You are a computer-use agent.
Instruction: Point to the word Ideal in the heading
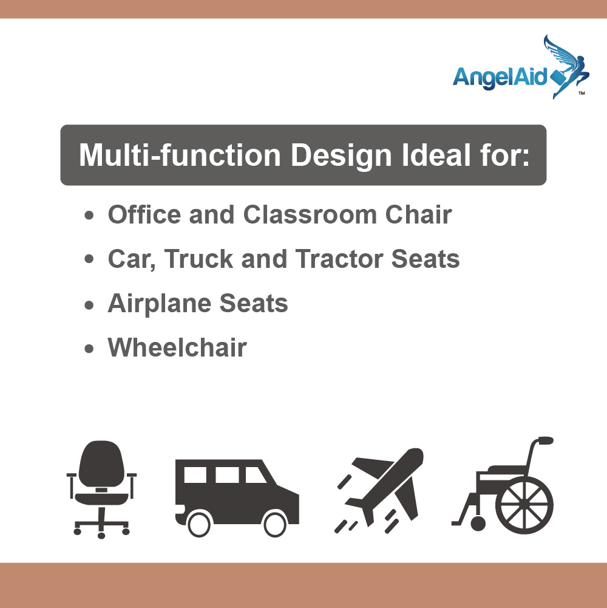(x=436, y=155)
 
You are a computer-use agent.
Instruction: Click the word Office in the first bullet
(x=144, y=214)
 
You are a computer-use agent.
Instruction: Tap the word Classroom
(x=310, y=214)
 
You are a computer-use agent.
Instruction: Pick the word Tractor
(x=339, y=259)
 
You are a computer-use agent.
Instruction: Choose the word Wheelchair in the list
(x=177, y=347)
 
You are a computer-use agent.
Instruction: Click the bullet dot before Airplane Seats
(x=89, y=305)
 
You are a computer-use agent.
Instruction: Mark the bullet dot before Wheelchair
(x=89, y=349)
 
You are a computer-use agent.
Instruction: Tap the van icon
(x=237, y=498)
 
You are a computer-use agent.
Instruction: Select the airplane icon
(x=379, y=491)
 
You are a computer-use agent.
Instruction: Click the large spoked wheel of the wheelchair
(x=524, y=505)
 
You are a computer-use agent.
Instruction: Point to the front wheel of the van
(x=275, y=524)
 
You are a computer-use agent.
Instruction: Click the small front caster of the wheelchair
(x=478, y=524)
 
